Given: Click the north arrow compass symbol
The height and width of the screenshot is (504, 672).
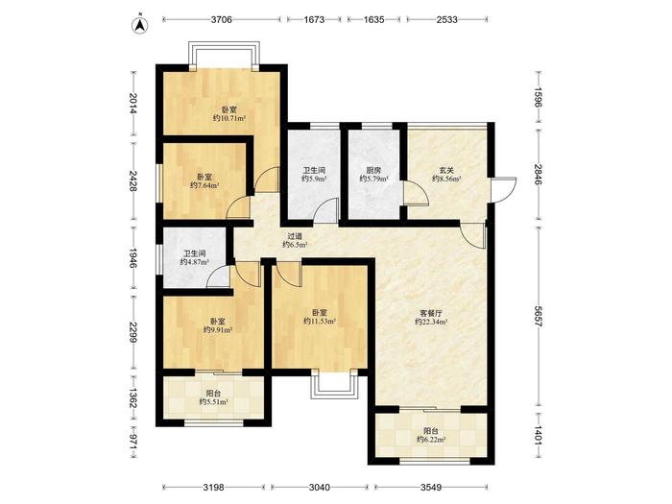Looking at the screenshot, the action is click(140, 25).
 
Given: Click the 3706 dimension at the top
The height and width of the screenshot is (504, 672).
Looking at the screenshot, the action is click(222, 20).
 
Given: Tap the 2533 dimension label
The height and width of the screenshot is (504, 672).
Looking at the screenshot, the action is click(447, 20).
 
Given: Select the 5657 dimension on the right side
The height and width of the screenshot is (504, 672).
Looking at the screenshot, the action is click(539, 317).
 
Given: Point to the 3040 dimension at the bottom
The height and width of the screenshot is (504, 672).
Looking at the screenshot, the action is click(320, 488).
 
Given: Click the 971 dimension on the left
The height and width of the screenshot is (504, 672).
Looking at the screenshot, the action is click(132, 442).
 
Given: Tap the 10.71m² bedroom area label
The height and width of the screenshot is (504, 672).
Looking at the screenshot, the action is click(229, 118).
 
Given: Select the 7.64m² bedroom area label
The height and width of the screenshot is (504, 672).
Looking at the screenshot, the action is click(204, 185).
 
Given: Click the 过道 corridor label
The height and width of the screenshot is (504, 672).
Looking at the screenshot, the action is click(295, 236).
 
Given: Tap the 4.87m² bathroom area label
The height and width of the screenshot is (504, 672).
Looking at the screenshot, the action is click(195, 262).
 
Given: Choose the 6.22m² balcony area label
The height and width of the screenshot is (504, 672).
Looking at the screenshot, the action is click(431, 440).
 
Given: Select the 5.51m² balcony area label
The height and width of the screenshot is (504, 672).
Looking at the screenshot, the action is click(213, 402).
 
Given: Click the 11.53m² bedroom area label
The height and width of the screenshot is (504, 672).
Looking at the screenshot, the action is click(320, 321).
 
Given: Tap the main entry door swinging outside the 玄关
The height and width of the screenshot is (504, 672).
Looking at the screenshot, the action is click(504, 190).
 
